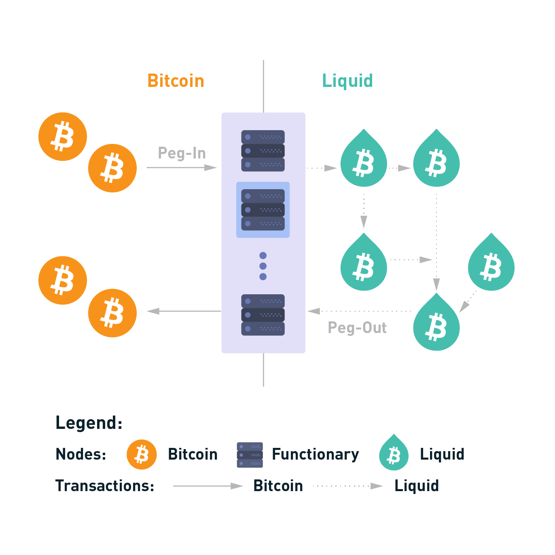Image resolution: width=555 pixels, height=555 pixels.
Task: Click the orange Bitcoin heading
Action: pos(176,81)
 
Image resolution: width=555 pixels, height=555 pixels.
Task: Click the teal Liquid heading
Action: pos(347,81)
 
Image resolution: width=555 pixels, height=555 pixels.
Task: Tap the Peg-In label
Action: pos(182,153)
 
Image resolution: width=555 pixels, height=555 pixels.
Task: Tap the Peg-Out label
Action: pos(357,327)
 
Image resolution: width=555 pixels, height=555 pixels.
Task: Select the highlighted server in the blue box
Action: pos(263,210)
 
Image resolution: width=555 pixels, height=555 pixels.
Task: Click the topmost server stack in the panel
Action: pos(263,151)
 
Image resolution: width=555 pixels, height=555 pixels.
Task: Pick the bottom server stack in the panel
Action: pos(263,315)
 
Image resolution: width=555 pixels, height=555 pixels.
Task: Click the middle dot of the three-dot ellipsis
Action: pos(263,266)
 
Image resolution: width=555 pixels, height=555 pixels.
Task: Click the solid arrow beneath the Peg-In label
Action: pos(182,167)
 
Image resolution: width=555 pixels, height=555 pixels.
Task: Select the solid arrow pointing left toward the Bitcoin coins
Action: pos(184,311)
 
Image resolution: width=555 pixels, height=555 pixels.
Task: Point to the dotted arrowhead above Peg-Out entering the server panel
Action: pos(314,311)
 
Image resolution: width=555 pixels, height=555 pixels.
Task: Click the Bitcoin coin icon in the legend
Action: pos(142,454)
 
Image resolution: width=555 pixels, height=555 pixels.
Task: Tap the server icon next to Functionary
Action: pos(250,455)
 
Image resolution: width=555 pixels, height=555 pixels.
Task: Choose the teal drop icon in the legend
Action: pos(394,454)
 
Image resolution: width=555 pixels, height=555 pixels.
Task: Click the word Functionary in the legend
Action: pos(315,454)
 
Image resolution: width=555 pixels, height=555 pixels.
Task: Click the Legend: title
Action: pos(89,423)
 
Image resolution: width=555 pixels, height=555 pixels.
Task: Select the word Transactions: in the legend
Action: pos(105,485)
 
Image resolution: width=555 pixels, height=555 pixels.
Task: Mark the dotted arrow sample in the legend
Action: pos(348,486)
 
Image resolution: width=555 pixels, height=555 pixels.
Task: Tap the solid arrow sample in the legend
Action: pos(208,486)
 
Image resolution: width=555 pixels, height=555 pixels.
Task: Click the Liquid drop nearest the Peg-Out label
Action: pos(436,324)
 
